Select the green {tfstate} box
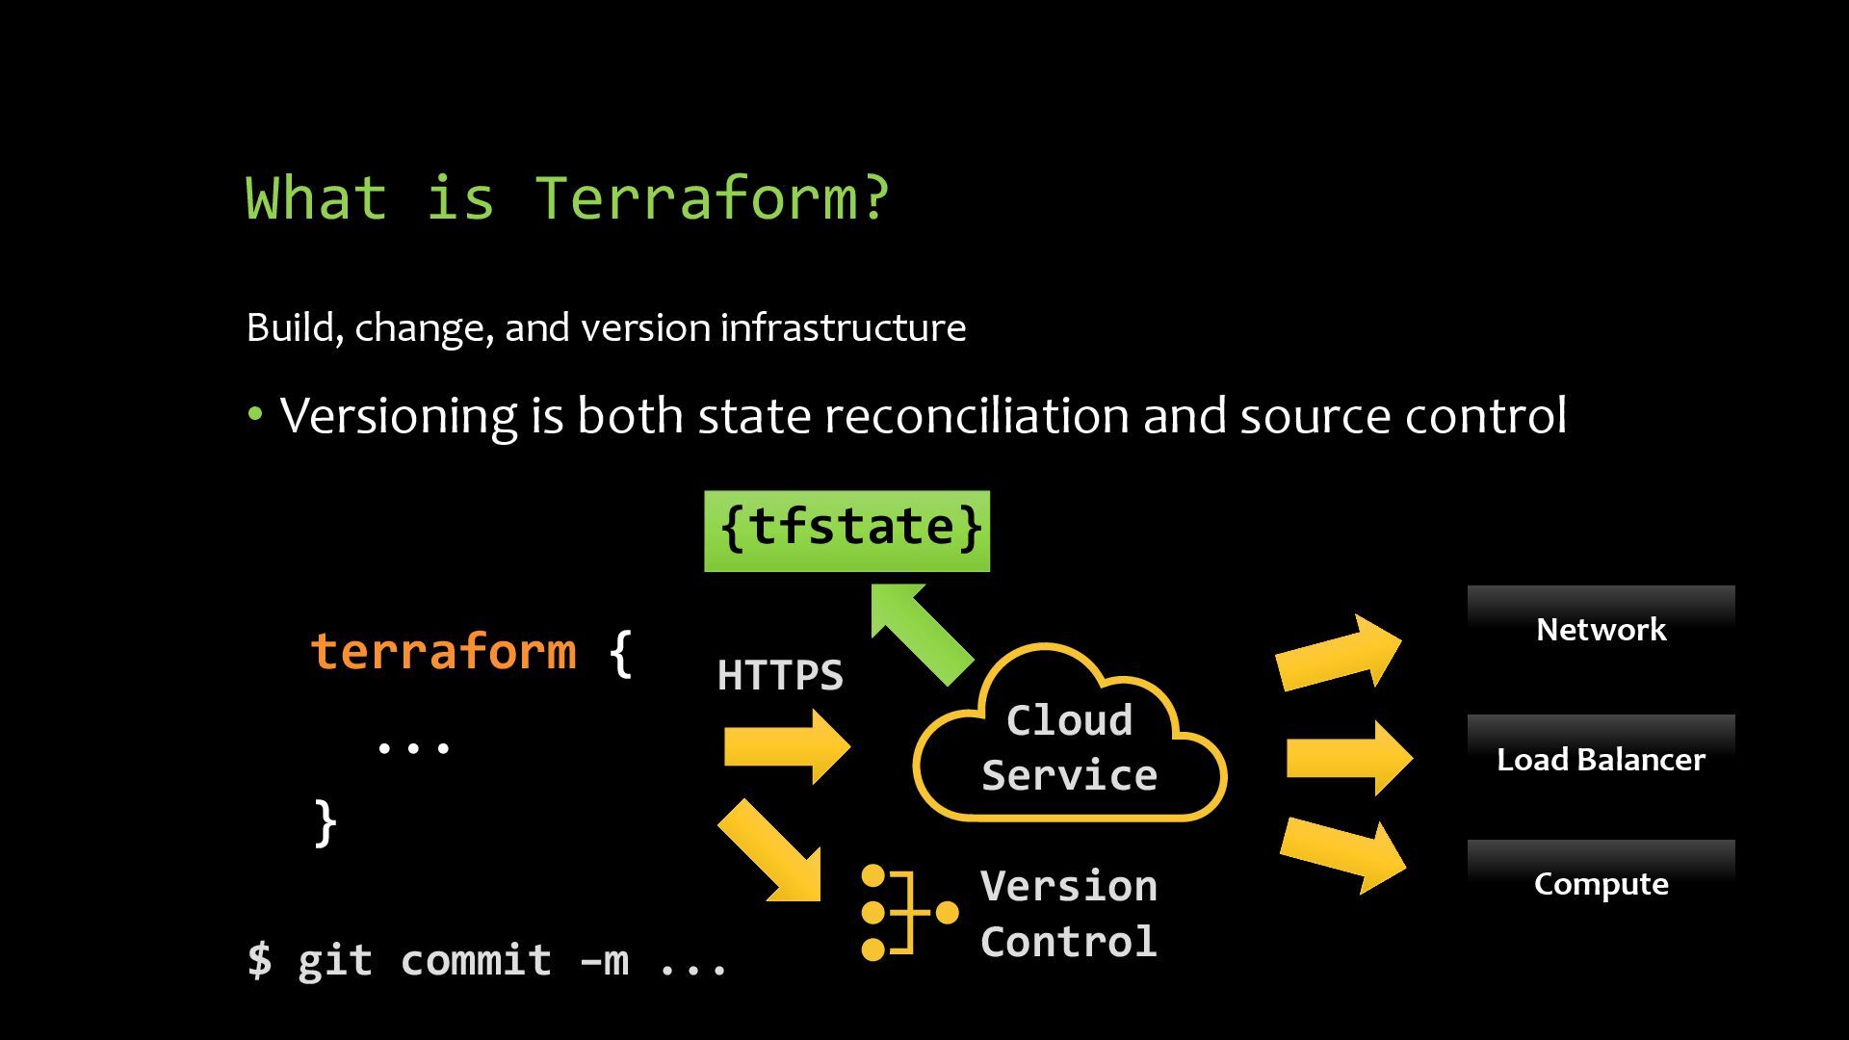click(846, 531)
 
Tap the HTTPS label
click(780, 675)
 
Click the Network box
click(1601, 629)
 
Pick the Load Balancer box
click(1601, 759)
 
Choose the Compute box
click(1601, 883)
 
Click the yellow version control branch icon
click(906, 912)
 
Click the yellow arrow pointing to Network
click(1339, 654)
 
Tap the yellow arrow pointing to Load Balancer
click(1348, 758)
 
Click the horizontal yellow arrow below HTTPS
click(786, 747)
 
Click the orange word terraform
click(444, 652)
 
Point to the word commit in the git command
click(476, 960)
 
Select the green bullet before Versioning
click(255, 415)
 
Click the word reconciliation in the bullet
click(976, 416)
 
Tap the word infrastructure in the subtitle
click(843, 328)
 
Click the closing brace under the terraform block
click(326, 823)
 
